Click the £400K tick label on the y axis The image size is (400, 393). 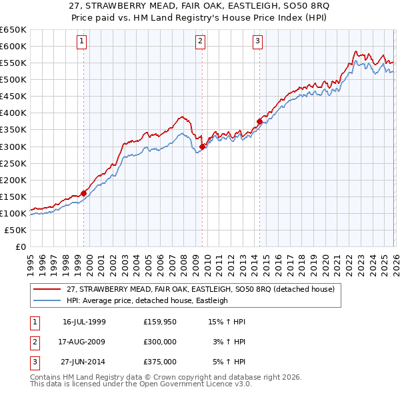13,113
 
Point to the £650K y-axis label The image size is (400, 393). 13,30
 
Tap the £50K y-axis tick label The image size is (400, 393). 15,230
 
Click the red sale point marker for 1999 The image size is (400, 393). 83,193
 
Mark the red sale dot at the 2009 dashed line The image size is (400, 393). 202,147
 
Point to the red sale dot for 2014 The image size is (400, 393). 259,121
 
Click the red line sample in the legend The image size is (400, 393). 48,289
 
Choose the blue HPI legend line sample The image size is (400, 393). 48,300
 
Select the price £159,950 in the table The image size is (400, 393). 160,322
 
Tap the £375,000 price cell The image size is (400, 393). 160,362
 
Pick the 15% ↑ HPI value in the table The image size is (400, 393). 227,322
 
